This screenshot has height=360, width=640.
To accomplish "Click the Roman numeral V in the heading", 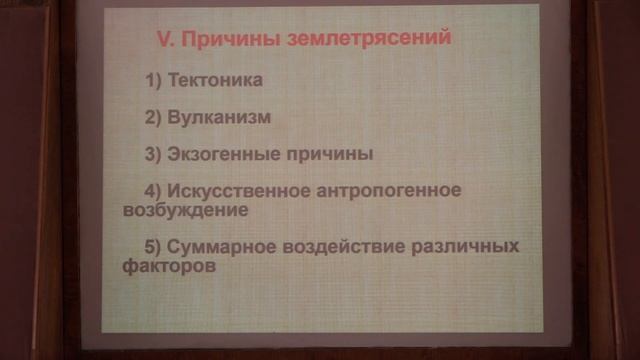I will point(166,39).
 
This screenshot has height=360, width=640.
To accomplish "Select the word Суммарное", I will point(218,247).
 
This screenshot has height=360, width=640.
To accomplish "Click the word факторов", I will point(155,268).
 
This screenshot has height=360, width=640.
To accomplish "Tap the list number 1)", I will point(154,79).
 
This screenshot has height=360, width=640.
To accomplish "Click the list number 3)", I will point(154,155).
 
